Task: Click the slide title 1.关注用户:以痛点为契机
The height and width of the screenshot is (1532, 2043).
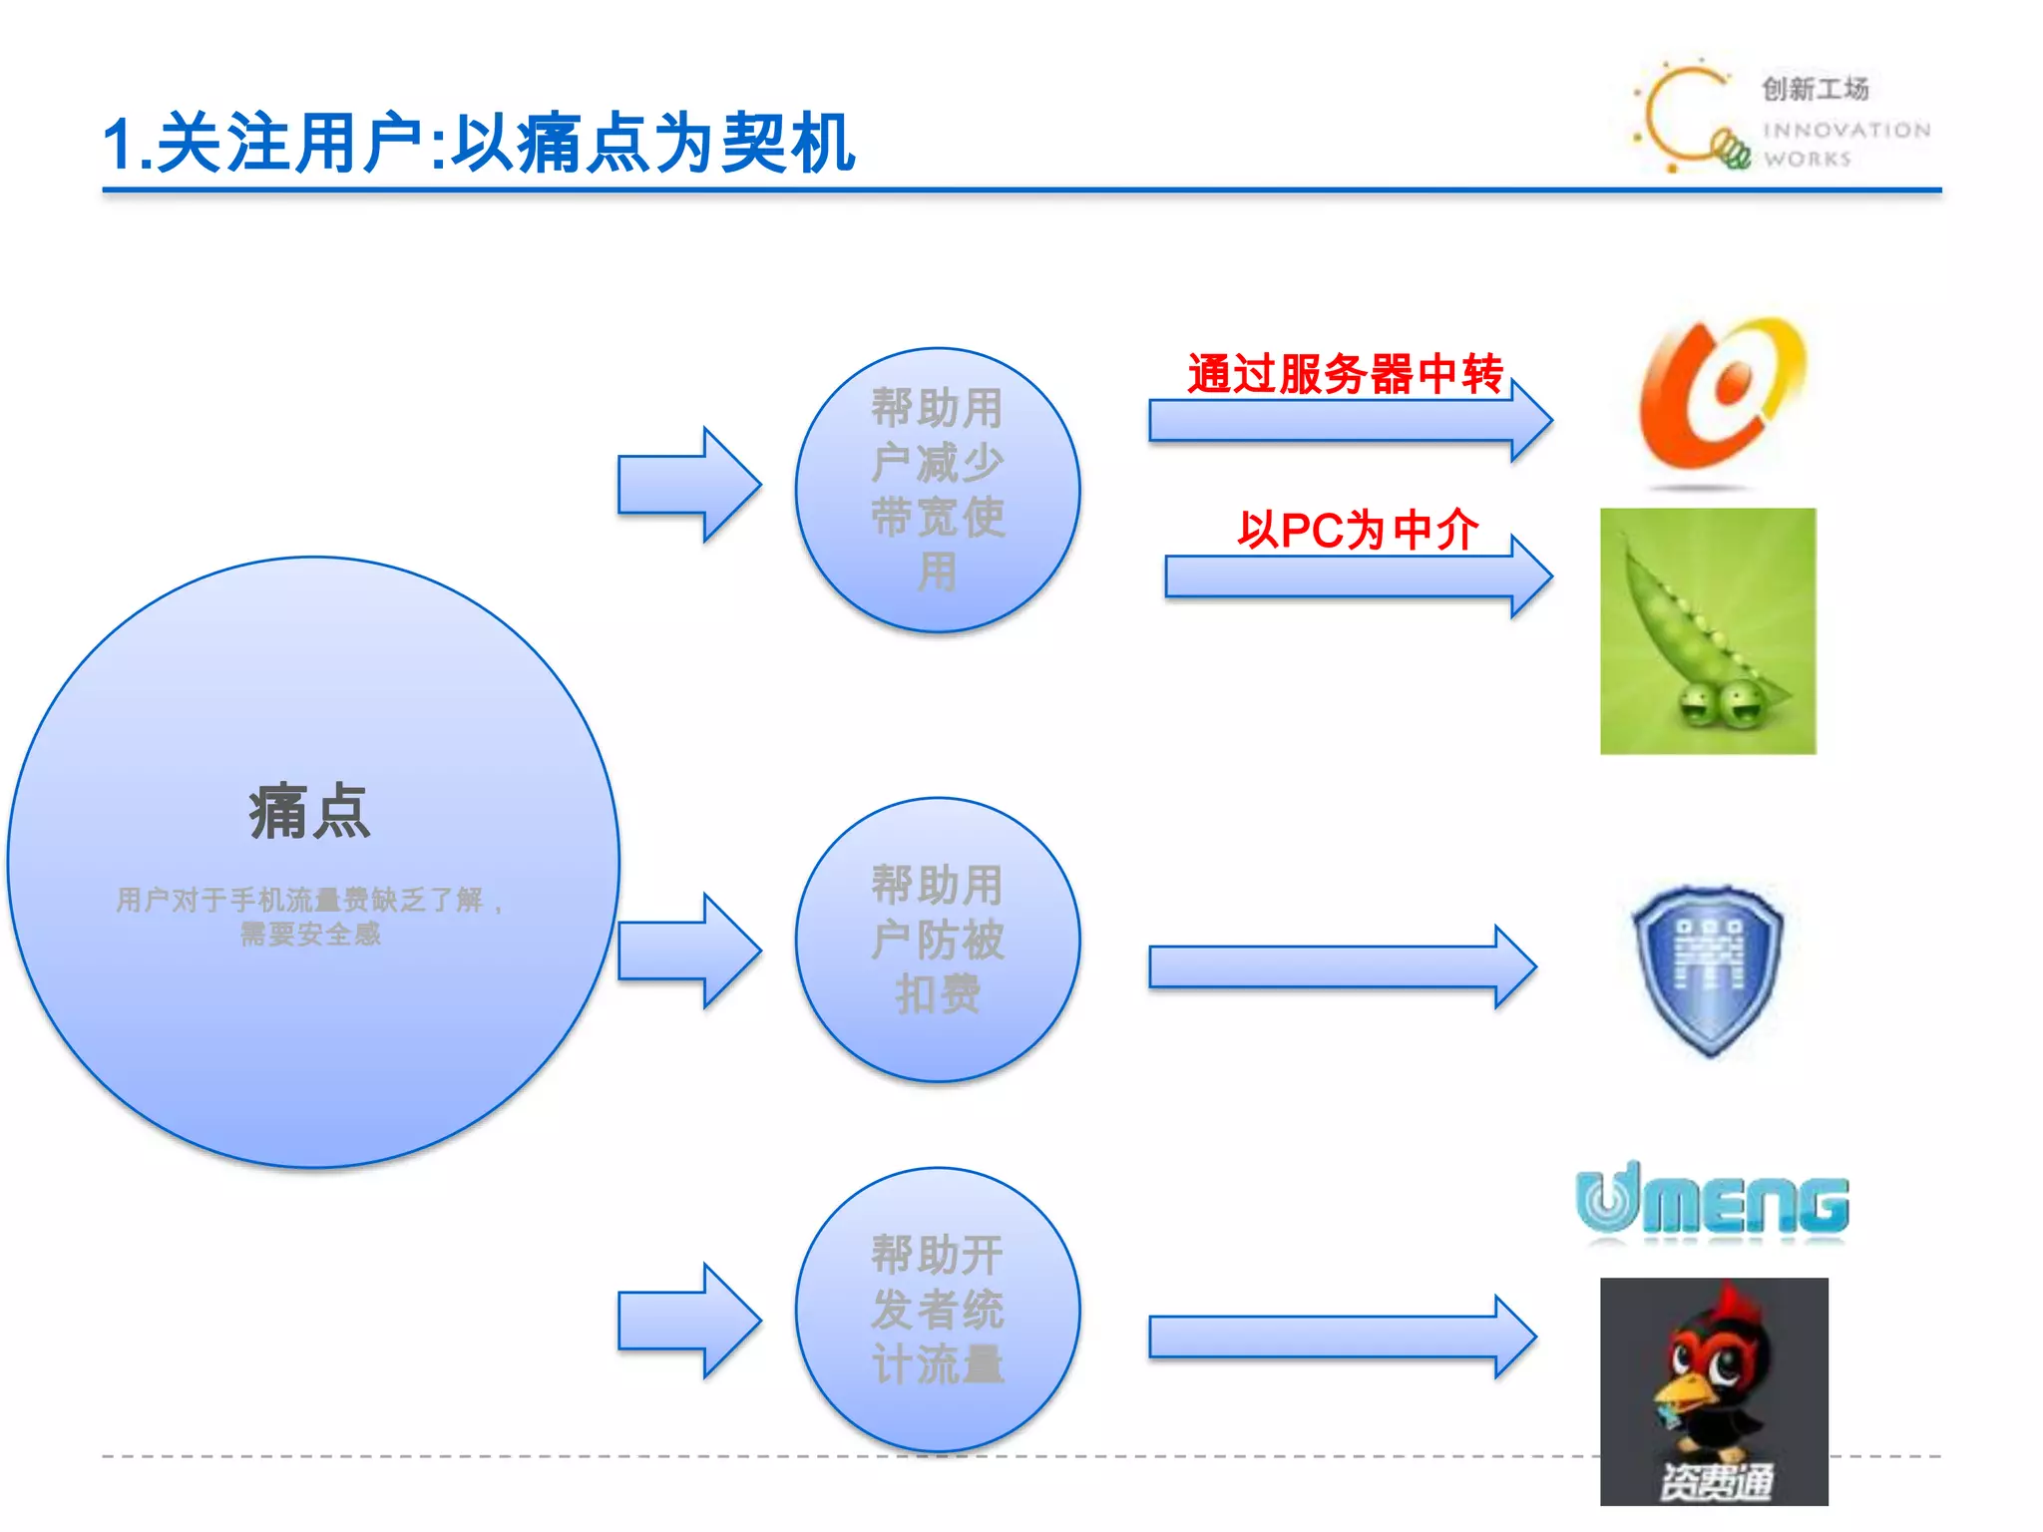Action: pos(479,143)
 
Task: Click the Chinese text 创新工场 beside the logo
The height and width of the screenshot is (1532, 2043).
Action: pos(1815,89)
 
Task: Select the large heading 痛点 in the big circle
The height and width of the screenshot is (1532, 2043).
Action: pos(309,812)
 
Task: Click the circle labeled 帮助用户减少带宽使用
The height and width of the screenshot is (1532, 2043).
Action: pos(937,489)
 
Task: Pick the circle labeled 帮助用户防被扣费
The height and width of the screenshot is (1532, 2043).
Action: pos(937,939)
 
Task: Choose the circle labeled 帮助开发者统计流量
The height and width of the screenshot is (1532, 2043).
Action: pos(937,1309)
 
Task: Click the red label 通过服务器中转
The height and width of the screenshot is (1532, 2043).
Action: pos(1344,374)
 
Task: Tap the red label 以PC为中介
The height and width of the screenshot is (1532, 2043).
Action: pos(1357,530)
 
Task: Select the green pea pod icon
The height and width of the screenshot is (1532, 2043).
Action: pos(1707,631)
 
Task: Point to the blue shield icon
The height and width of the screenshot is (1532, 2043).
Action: pos(1707,967)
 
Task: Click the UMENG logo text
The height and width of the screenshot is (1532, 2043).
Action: pos(1712,1203)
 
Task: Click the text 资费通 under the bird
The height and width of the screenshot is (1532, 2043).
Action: pos(1715,1480)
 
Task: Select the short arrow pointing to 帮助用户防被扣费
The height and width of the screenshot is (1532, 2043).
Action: pos(688,951)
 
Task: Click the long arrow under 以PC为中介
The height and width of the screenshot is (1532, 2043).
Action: pos(1357,576)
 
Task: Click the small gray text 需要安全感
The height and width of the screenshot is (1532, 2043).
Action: pos(310,935)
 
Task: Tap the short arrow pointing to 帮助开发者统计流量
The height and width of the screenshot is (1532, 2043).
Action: pos(688,1321)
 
